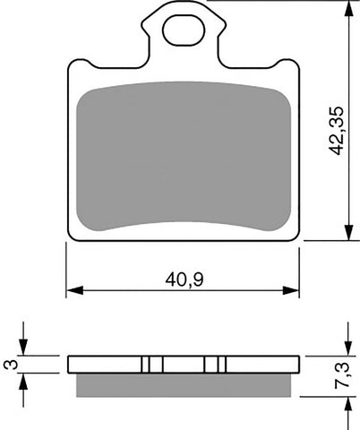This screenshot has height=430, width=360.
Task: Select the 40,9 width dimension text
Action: (x=182, y=278)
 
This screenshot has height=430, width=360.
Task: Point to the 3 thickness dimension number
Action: (x=10, y=365)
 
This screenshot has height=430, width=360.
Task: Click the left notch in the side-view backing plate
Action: (x=150, y=365)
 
